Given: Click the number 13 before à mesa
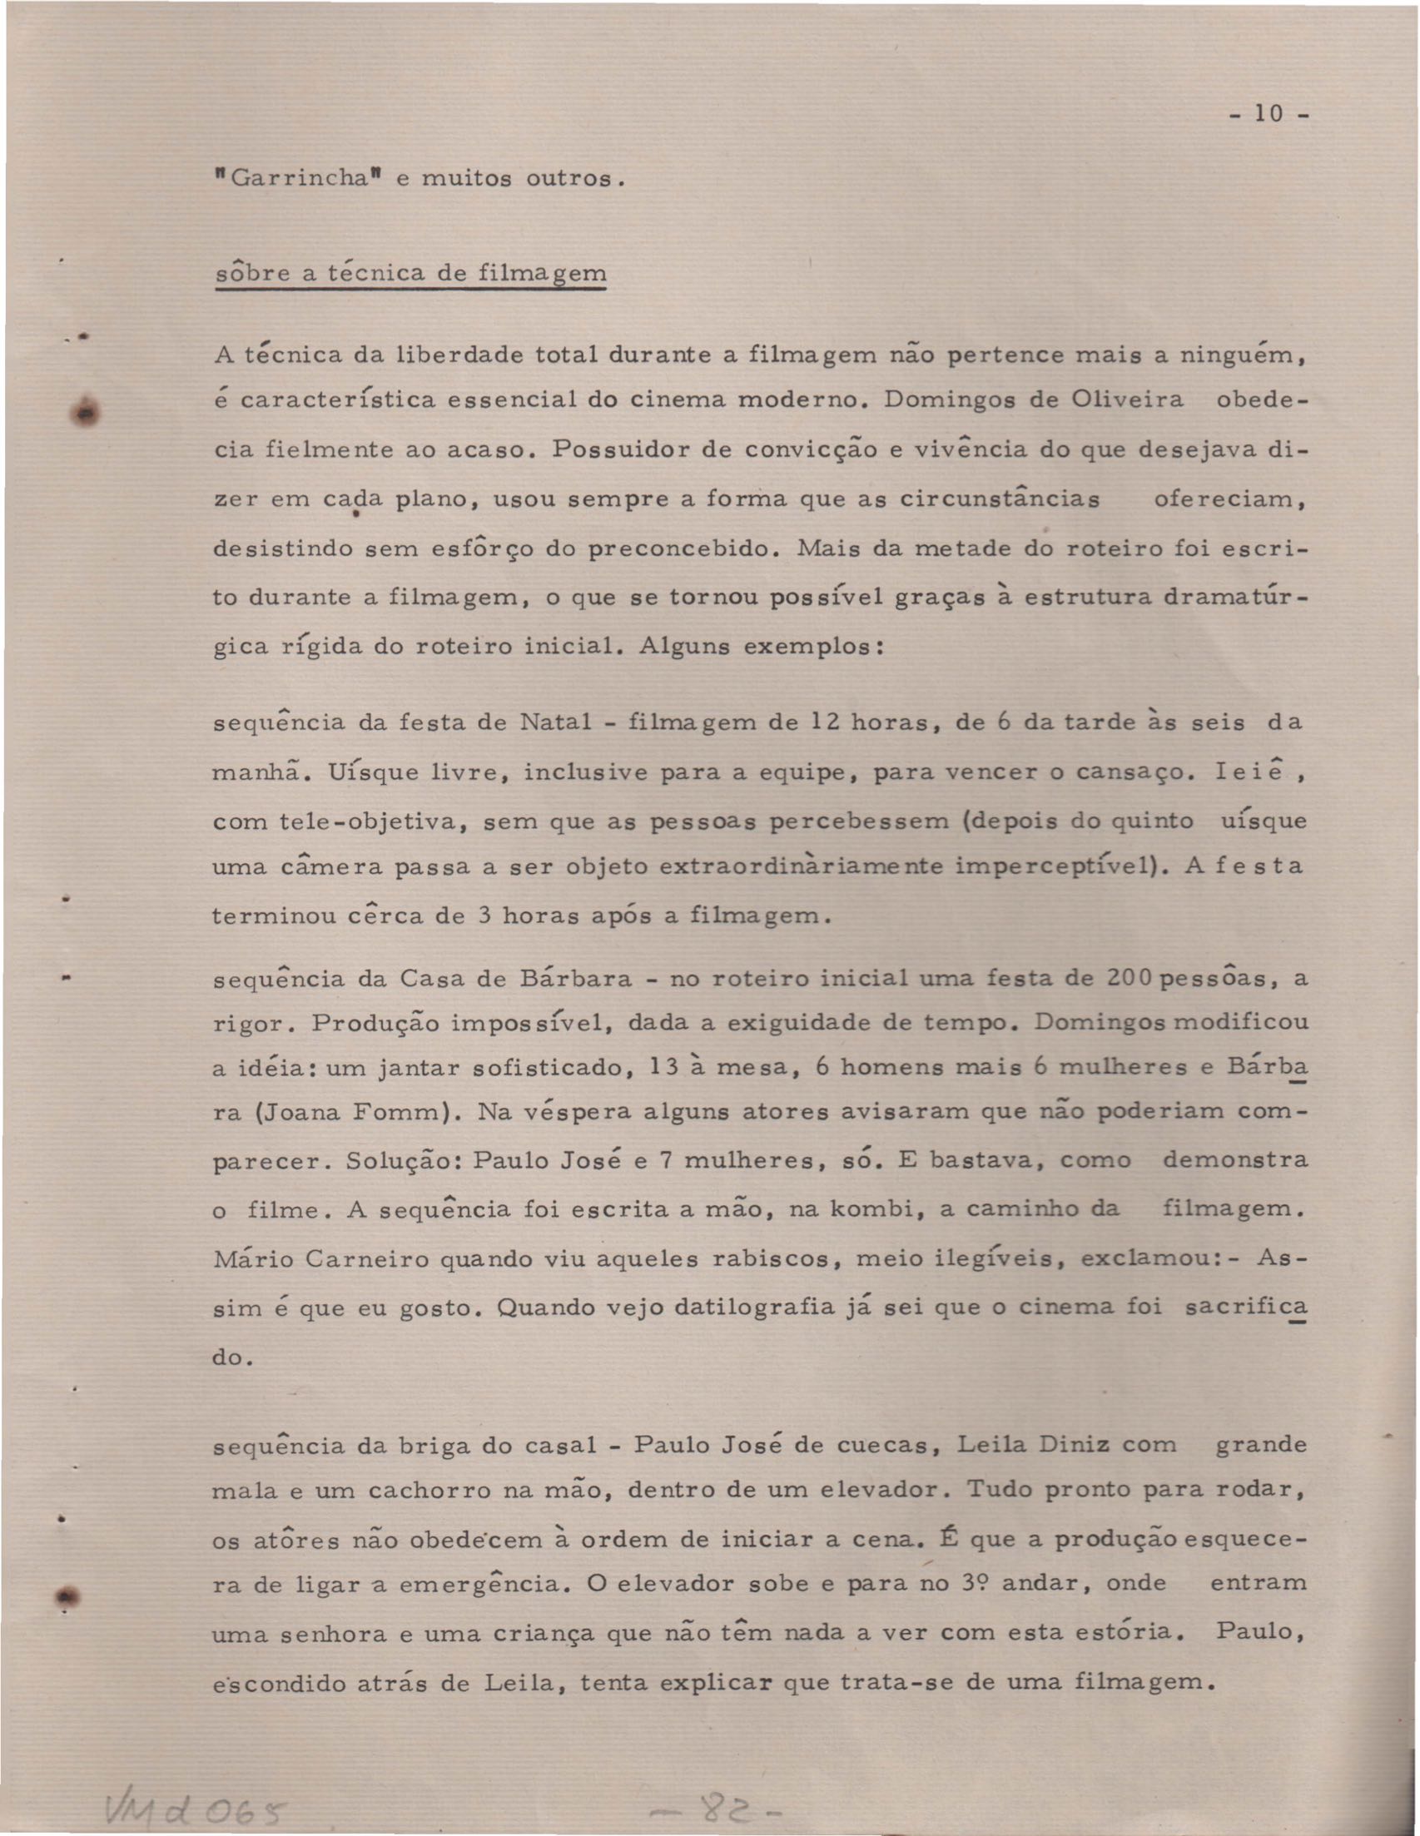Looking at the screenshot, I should (664, 1068).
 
